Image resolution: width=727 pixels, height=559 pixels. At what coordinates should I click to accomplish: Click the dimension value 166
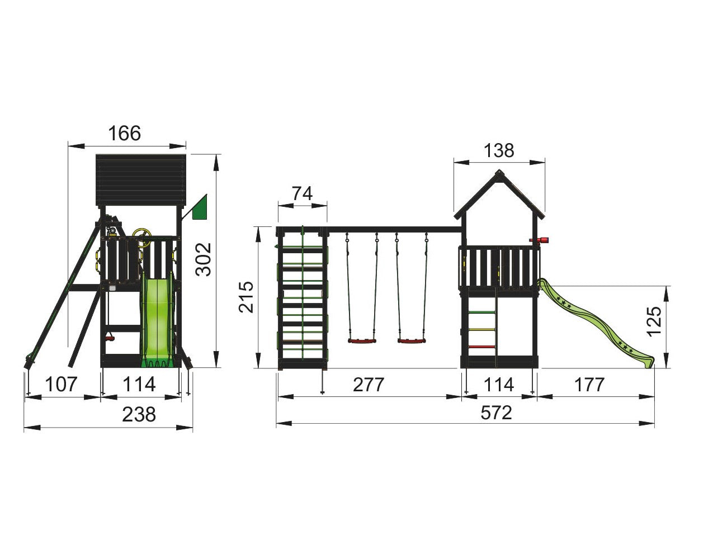click(125, 133)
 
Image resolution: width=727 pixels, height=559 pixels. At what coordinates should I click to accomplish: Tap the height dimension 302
click(204, 259)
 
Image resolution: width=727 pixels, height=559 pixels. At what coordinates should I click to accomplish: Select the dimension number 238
click(139, 414)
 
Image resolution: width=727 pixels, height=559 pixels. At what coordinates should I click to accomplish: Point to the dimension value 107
click(61, 384)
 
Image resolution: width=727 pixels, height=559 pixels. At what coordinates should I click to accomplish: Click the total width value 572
click(497, 413)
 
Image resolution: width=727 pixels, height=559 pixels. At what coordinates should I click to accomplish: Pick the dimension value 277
click(369, 385)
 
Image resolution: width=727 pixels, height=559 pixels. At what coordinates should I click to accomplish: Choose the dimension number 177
click(589, 385)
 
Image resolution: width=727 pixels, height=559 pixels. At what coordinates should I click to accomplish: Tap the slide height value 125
click(653, 321)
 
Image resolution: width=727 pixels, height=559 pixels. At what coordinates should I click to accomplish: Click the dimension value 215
click(246, 297)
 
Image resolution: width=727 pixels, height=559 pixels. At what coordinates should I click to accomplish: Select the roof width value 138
click(499, 150)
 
